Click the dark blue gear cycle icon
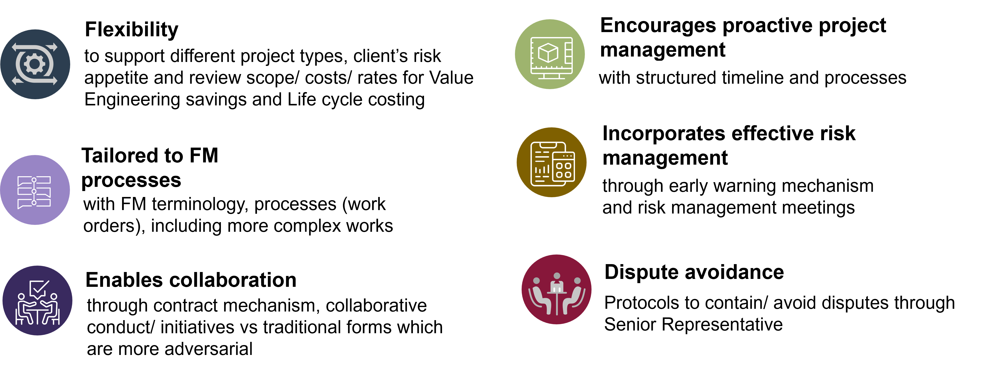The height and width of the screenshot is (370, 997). click(x=35, y=64)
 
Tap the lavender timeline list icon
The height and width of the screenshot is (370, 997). click(x=35, y=190)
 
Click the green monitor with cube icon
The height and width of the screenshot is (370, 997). click(x=550, y=54)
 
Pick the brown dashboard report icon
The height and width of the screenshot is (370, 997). click(x=552, y=162)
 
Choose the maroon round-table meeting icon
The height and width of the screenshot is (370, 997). click(x=556, y=289)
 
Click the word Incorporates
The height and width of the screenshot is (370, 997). click(x=664, y=134)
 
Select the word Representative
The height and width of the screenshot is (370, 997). click(x=722, y=324)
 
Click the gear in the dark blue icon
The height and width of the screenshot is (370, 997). click(x=34, y=64)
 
